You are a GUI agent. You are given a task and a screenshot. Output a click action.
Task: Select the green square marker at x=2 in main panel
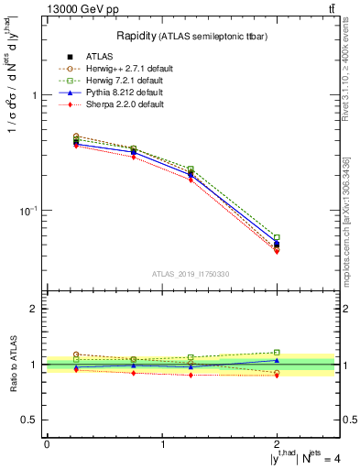[x=277, y=237]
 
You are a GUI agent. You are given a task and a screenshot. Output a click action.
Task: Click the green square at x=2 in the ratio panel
[x=277, y=352]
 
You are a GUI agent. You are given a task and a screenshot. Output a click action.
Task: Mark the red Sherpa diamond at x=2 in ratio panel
[x=277, y=376]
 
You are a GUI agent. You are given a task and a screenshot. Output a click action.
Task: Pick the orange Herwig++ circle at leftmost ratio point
[x=76, y=354]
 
